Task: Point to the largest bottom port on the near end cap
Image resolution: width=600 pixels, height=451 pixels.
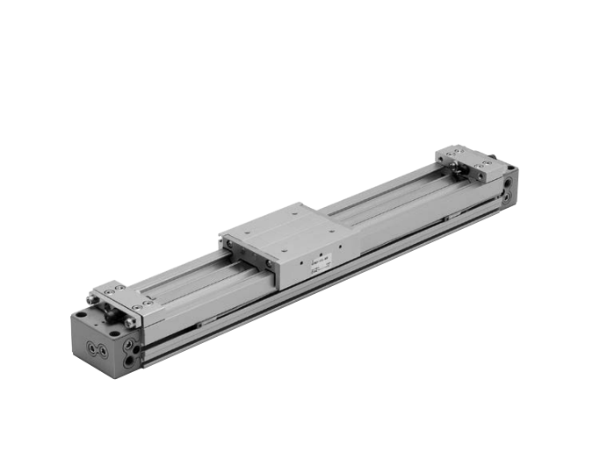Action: point(130,360)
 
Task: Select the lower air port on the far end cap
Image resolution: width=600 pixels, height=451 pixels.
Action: point(507,199)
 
